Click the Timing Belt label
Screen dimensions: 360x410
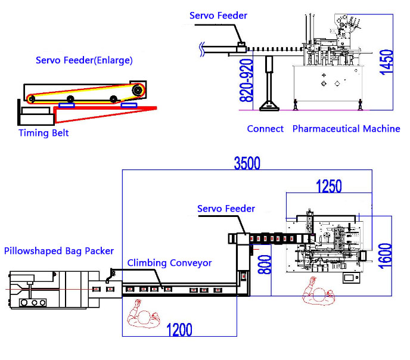tap(44, 133)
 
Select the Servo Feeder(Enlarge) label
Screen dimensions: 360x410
tap(84, 60)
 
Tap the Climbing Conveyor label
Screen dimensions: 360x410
tap(170, 263)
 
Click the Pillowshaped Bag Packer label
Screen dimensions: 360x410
tap(58, 251)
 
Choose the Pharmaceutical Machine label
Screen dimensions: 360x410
tap(346, 129)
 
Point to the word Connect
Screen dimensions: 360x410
tap(265, 129)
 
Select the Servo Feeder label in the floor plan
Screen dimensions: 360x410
tap(226, 209)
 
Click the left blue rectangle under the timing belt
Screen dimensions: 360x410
tap(66, 105)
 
